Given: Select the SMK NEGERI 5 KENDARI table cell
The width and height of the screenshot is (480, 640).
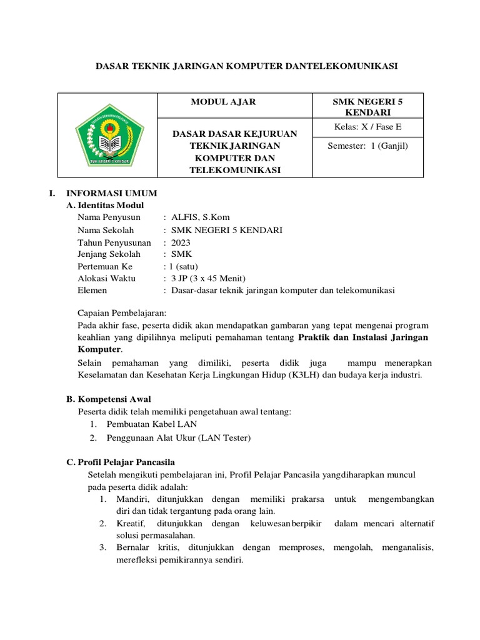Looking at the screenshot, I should point(368,107).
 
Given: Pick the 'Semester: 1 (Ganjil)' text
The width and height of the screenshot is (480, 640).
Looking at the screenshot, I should point(368,147).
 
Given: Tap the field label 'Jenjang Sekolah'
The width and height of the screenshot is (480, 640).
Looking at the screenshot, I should point(109,254).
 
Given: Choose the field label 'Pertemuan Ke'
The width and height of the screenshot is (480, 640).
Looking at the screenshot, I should point(105,266).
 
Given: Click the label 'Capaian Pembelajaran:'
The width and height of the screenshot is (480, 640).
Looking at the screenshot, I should point(122,313).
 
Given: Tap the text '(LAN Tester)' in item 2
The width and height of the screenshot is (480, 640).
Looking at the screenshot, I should point(224,438).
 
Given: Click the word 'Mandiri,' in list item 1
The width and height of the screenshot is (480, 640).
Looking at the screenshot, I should point(132,499).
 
